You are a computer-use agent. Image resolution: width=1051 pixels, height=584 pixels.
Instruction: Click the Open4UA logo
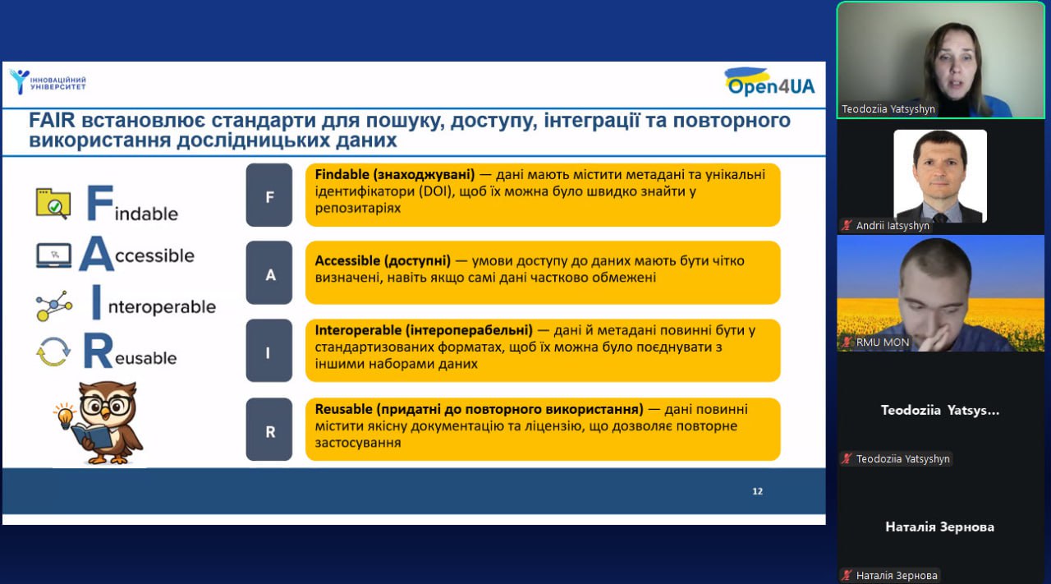click(769, 82)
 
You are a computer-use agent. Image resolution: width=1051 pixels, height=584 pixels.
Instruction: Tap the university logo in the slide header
click(48, 82)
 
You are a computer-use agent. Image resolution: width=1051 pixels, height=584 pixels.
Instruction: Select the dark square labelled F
click(268, 195)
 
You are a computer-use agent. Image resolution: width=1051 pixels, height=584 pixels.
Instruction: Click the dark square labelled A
click(268, 273)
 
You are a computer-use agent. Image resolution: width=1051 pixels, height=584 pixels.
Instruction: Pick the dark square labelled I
click(268, 351)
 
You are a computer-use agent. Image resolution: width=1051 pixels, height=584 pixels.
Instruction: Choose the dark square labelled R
click(268, 429)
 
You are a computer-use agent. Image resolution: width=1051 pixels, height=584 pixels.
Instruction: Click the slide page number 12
click(757, 491)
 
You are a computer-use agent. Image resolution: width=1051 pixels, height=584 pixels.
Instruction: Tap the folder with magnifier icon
click(53, 204)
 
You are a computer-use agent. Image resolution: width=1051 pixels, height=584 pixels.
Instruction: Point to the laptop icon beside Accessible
click(54, 255)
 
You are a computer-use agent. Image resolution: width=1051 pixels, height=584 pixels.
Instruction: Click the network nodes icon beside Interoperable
click(54, 306)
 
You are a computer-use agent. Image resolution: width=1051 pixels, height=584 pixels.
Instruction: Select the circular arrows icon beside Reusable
click(53, 352)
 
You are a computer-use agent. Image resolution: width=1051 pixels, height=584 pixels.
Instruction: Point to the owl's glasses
click(107, 405)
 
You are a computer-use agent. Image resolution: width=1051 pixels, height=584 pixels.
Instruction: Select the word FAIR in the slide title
click(52, 121)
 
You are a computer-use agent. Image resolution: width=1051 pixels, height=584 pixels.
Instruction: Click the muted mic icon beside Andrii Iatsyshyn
click(847, 225)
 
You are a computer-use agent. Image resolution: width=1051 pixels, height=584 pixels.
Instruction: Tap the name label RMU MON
click(883, 343)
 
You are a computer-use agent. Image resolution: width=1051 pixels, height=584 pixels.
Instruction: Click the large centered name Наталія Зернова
click(940, 527)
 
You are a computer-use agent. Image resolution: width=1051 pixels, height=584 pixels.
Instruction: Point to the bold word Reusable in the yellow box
click(343, 409)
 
